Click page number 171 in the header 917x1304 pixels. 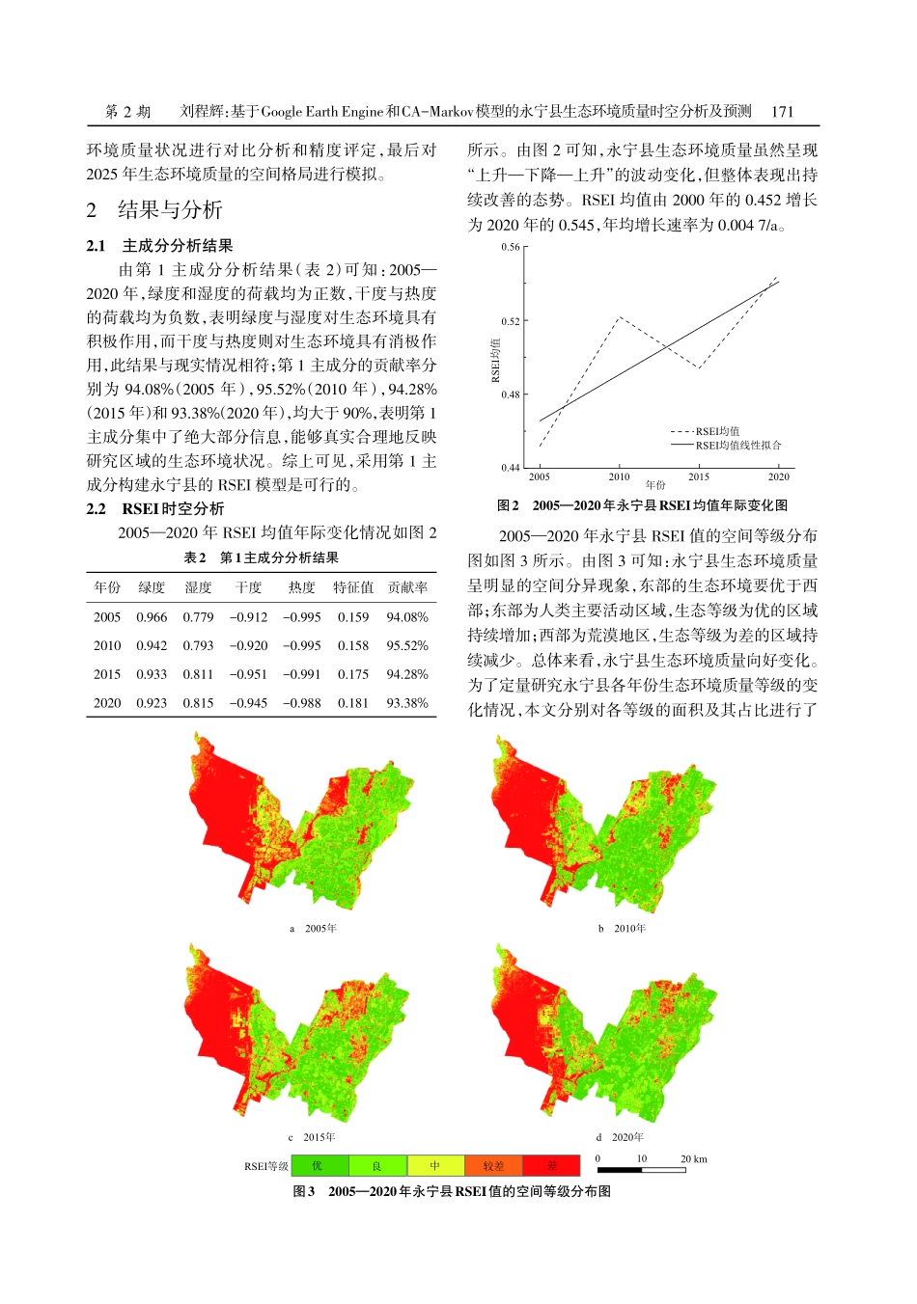(782, 111)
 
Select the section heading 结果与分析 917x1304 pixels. (170, 209)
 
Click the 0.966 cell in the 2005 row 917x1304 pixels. (152, 617)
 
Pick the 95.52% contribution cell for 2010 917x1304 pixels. (406, 646)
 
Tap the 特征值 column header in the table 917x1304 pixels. (353, 587)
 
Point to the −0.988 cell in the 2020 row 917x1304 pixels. (302, 703)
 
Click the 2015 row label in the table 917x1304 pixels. (107, 675)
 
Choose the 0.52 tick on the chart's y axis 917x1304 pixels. (511, 321)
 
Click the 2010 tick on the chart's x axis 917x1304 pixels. (619, 477)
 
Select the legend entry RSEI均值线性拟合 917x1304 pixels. (738, 446)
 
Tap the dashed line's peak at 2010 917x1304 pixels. (619, 317)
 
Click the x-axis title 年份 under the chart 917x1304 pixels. (655, 485)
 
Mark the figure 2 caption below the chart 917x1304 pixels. (642, 505)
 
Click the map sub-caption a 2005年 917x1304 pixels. (314, 929)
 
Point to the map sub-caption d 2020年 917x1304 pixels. (621, 1137)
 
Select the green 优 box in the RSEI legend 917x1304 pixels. (319, 1166)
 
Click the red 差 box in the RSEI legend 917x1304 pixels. (551, 1166)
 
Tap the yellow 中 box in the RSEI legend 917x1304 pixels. (435, 1166)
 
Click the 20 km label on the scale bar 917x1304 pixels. (693, 1159)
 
